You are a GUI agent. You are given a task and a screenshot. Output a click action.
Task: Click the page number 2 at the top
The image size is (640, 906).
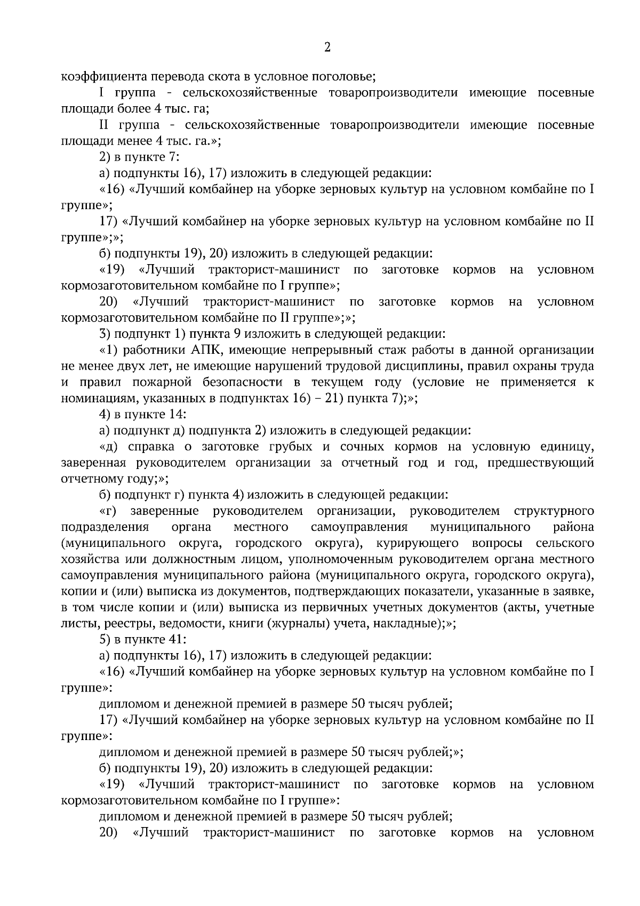[327, 47]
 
